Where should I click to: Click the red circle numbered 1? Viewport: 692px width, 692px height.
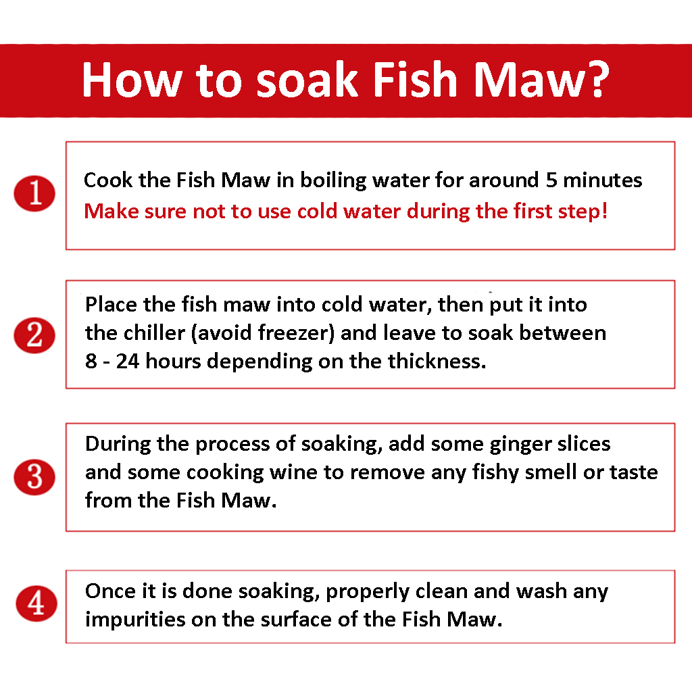tap(34, 193)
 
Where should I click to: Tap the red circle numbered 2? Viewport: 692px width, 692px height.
tap(34, 335)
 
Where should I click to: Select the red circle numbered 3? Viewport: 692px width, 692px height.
tap(34, 477)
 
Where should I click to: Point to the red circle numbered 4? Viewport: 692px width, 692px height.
tap(36, 603)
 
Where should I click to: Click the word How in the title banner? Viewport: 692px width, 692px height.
tap(132, 80)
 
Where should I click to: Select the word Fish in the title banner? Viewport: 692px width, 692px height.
tap(414, 79)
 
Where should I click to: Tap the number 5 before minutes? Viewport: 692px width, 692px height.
tap(551, 180)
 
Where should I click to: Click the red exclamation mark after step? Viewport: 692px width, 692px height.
tap(604, 211)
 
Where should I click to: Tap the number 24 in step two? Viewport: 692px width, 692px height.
tap(128, 361)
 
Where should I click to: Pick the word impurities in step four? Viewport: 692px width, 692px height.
tap(135, 620)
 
